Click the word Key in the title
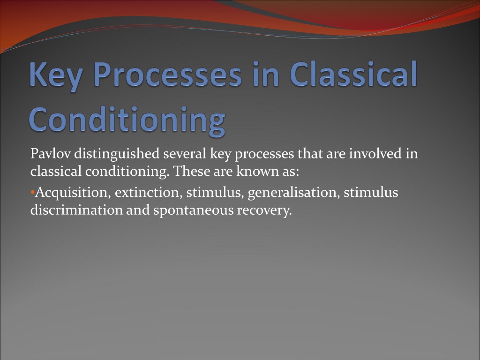point(56,75)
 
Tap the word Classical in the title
point(353,74)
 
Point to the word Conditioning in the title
point(127,120)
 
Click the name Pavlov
point(50,153)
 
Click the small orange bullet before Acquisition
point(32,193)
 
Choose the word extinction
point(149,193)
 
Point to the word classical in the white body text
point(56,171)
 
